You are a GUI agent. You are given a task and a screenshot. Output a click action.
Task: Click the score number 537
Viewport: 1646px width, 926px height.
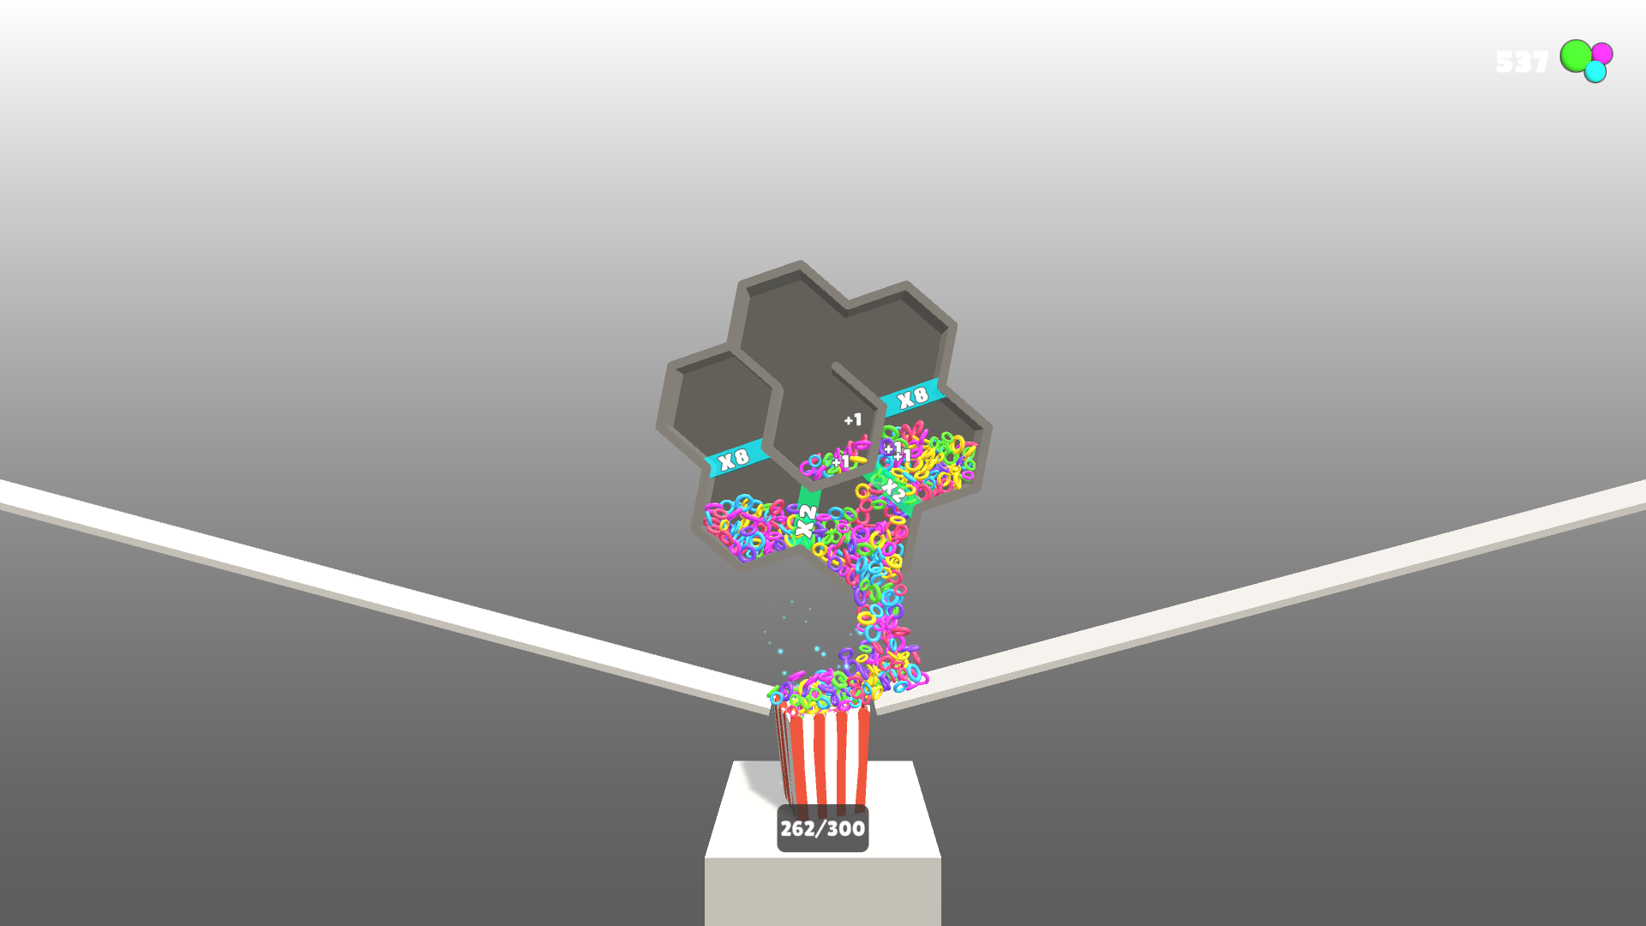point(1522,62)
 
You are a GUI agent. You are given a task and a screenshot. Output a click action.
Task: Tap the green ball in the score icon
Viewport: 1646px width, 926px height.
point(1576,56)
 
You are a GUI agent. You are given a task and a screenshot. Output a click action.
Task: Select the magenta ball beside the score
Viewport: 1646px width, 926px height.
point(1602,53)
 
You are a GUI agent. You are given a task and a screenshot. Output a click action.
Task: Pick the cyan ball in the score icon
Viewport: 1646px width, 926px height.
point(1595,72)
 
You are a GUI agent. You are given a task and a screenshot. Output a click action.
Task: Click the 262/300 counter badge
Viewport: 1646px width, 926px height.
point(822,828)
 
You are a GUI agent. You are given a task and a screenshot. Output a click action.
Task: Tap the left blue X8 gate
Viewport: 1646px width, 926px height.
point(735,459)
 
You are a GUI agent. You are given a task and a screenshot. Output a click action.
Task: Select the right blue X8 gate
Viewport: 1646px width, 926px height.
point(913,396)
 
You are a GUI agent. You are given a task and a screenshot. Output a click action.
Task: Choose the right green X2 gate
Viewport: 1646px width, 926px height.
point(892,490)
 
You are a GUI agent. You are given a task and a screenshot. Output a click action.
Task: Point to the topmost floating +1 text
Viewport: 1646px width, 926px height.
point(852,419)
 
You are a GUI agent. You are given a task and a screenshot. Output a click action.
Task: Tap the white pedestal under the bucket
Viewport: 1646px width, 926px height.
point(823,883)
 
